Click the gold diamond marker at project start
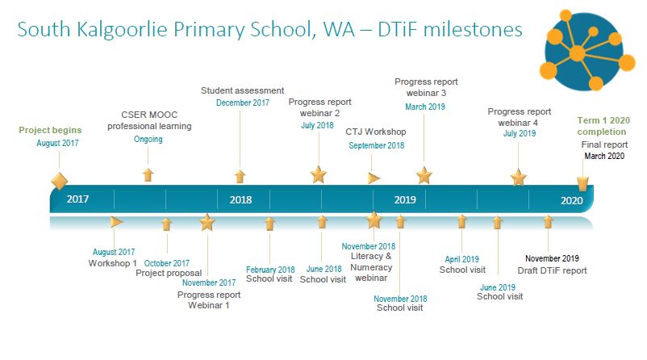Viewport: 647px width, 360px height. click(60, 182)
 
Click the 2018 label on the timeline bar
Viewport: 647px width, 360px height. click(240, 200)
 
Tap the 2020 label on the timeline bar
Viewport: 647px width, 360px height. click(571, 201)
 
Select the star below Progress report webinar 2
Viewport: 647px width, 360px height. click(319, 174)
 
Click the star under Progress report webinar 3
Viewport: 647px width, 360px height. click(424, 175)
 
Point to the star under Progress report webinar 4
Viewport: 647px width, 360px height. click(518, 178)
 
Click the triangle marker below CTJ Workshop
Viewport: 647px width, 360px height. click(374, 178)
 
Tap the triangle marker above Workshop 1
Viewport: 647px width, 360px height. click(117, 222)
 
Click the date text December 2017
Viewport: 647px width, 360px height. click(243, 103)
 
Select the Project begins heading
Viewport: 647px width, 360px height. click(50, 130)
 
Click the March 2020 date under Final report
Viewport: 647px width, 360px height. click(604, 156)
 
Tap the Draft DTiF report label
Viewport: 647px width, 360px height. click(552, 270)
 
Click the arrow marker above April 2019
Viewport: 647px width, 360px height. click(461, 222)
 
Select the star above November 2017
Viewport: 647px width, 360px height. click(207, 222)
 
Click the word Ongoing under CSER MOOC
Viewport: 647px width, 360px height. click(148, 139)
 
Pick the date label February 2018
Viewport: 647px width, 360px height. click(270, 270)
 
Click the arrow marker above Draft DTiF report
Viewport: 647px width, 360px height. click(548, 222)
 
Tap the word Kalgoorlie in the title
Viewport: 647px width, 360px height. click(122, 30)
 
